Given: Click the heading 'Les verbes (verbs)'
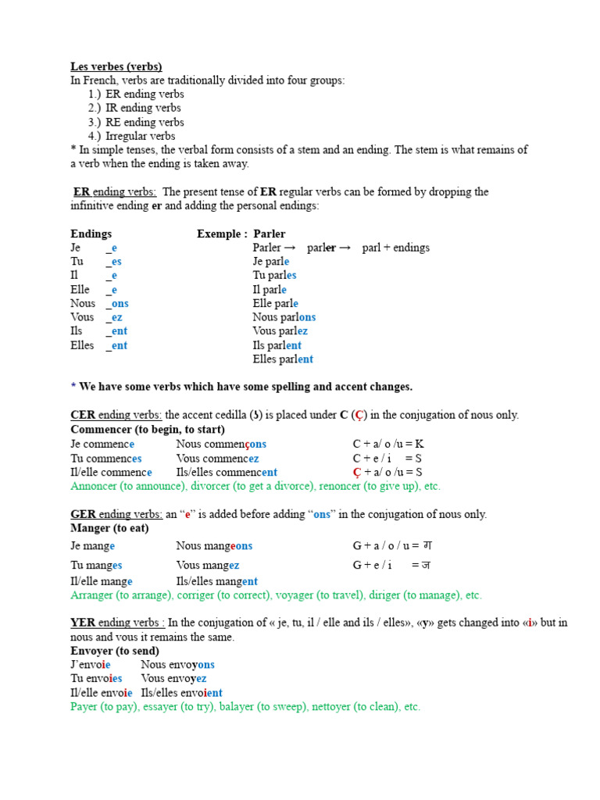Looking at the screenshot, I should [x=116, y=66].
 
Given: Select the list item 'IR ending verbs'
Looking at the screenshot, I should [x=143, y=108].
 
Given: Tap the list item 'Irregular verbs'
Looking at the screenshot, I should [x=141, y=136].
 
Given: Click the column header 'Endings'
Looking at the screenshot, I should [x=91, y=234].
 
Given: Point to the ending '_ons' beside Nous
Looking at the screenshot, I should [x=117, y=303].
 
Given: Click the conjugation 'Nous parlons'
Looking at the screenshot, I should [x=284, y=317].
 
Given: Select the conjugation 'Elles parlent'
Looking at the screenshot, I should [x=283, y=359].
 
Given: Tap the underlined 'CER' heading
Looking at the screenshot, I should [x=82, y=415].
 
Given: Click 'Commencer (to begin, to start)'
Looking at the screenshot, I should [x=148, y=429].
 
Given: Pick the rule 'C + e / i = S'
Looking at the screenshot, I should [x=387, y=458].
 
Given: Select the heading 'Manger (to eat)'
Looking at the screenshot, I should [x=109, y=528].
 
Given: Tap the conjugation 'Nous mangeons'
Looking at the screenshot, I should [x=214, y=546].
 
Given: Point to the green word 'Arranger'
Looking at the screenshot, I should [x=91, y=595].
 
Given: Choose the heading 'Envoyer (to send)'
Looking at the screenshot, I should [x=115, y=651].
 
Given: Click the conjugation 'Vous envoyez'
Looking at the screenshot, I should [x=173, y=679].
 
